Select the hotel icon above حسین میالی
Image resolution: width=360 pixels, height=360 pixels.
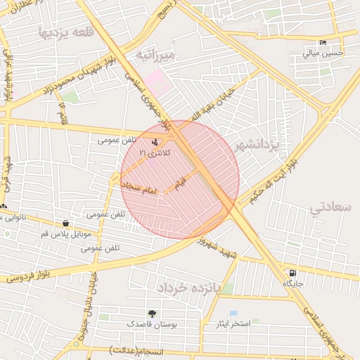coord(323,42)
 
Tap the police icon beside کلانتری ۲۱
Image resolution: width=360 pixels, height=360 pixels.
coord(155,142)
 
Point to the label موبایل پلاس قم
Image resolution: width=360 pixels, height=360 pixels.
coord(65,233)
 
